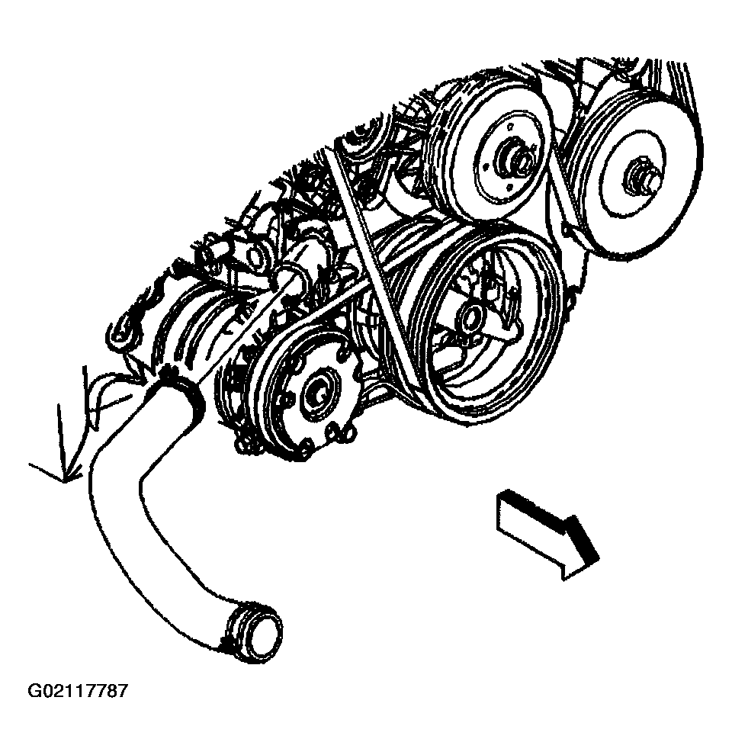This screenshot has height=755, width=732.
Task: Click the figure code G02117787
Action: click(x=78, y=692)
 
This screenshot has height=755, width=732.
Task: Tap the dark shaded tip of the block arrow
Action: click(x=585, y=539)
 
